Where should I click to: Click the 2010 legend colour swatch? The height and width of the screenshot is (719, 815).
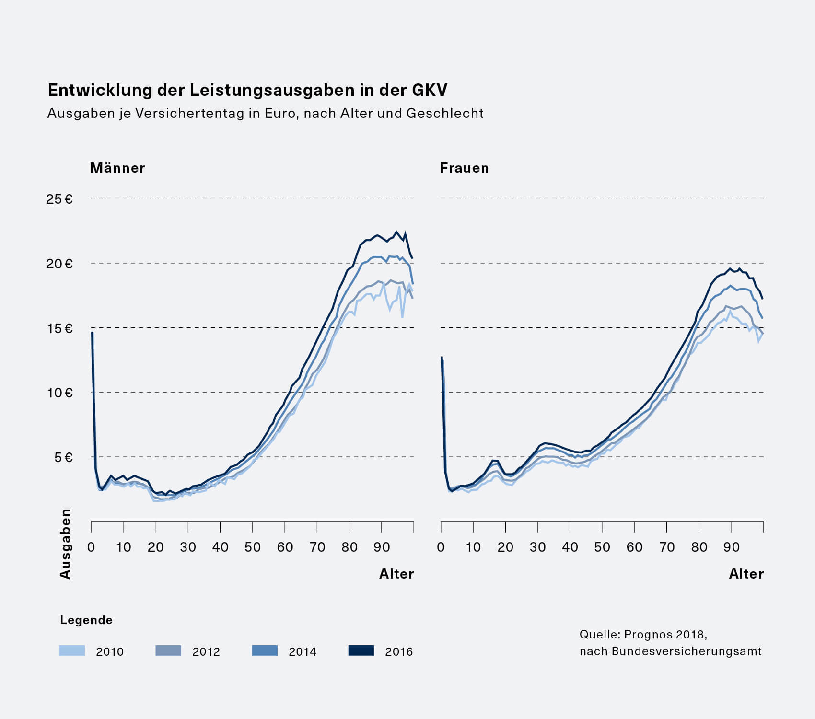[72, 650]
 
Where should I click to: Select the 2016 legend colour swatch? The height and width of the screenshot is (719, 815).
[361, 650]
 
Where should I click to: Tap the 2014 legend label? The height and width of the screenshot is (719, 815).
[303, 651]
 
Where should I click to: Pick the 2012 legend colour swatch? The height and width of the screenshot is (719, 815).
[168, 650]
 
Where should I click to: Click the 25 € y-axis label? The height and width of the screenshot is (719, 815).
[59, 199]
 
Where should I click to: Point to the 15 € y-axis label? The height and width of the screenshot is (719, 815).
[59, 328]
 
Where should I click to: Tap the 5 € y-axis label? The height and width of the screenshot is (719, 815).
[63, 457]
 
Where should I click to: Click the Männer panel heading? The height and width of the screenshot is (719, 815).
[117, 168]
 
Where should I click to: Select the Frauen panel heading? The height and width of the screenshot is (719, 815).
[465, 168]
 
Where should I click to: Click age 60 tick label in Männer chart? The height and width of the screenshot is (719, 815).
[285, 547]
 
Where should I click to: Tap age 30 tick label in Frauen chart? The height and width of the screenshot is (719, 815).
[537, 547]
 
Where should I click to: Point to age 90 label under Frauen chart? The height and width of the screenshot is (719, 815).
[731, 547]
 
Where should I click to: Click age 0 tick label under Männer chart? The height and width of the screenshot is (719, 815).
[91, 547]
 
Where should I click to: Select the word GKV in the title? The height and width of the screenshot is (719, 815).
[429, 90]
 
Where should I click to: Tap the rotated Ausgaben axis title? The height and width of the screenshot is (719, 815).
[65, 544]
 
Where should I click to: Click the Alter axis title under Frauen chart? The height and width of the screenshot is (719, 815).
[746, 574]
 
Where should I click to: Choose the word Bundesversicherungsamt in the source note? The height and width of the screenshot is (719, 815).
[687, 651]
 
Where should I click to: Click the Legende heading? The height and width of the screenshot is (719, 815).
[86, 620]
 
